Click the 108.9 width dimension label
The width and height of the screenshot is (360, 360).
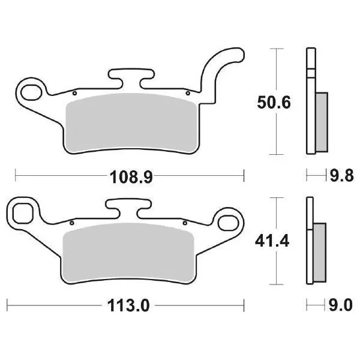pos(131,177)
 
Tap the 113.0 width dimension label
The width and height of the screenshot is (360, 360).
pos(128,305)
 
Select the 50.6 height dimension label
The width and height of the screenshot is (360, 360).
pos(274,103)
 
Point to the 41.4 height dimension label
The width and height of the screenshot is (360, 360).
pos(272,241)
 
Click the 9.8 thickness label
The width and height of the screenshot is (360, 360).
pos(341,176)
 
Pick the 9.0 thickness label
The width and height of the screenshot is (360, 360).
pos(340,305)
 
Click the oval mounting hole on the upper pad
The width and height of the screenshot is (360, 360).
pos(31,92)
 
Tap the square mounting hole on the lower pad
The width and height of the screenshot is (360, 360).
pos(23,213)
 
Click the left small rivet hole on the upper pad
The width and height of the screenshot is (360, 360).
pos(74,93)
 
